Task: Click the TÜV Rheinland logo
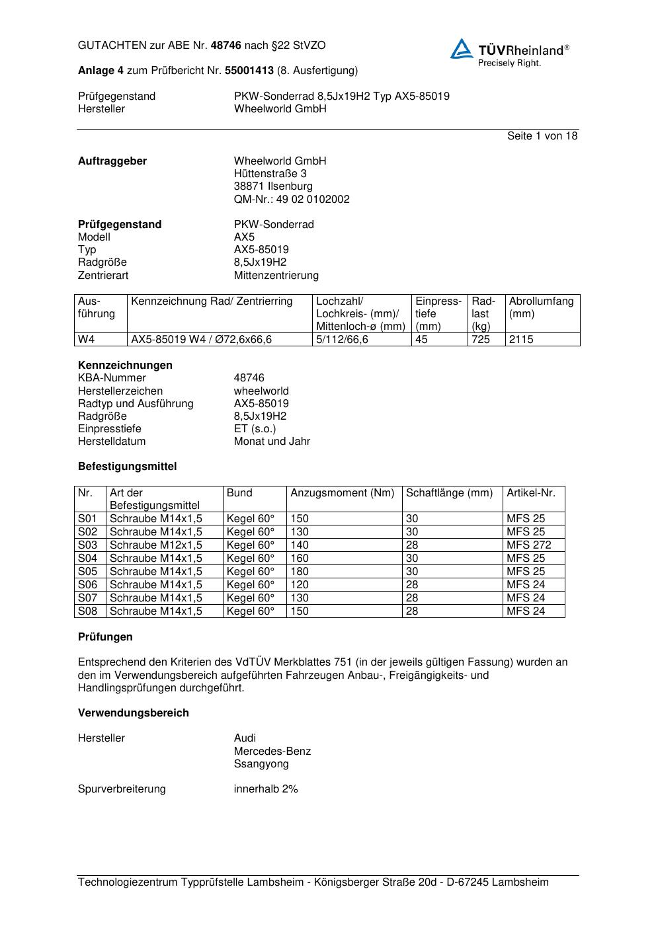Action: [x=509, y=52]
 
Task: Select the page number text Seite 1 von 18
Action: [x=542, y=136]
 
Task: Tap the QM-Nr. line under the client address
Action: [x=292, y=199]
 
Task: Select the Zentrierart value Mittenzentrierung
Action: [x=276, y=276]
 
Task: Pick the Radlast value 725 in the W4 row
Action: [x=481, y=340]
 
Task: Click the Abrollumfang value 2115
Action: [x=521, y=340]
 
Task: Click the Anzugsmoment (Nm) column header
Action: [x=342, y=493]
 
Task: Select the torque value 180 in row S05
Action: [x=300, y=572]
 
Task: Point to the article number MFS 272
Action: [x=528, y=545]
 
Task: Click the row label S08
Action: [x=87, y=611]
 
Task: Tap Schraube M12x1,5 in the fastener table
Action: [x=155, y=545]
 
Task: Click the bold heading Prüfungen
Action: [x=105, y=637]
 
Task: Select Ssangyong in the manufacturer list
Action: [x=261, y=764]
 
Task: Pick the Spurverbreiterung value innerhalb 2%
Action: [x=266, y=789]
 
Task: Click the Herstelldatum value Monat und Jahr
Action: [x=272, y=442]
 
